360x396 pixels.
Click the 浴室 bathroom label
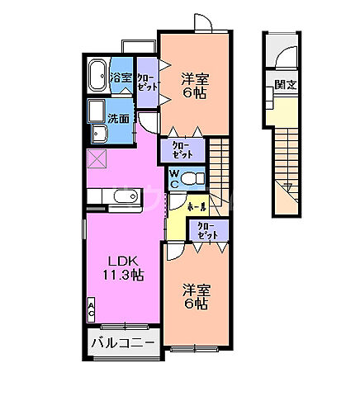[x=121, y=78]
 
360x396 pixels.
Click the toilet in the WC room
[x=192, y=177]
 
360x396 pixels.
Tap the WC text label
[x=174, y=177]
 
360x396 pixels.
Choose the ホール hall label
[x=197, y=206]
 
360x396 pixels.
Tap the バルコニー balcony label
[x=121, y=342]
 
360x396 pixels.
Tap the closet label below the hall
[x=207, y=231]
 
